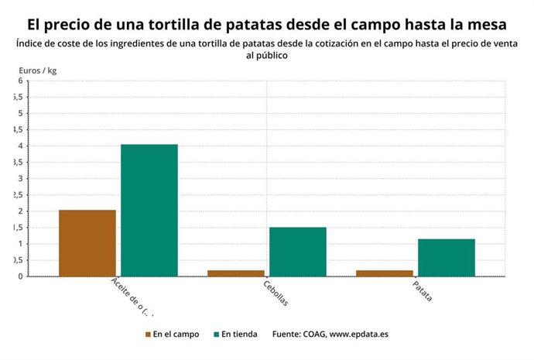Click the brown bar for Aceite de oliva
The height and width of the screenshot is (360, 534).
[x=87, y=243]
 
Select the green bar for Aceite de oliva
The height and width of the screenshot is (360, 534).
[x=149, y=210]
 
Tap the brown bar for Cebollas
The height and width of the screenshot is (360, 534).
[x=236, y=273]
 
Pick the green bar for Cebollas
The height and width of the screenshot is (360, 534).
[x=298, y=252]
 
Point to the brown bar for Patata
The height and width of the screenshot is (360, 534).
[x=385, y=273]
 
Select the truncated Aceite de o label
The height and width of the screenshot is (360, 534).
[x=132, y=296]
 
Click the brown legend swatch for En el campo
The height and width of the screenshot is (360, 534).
[x=148, y=334]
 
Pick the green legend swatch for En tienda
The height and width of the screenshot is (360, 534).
[x=217, y=334]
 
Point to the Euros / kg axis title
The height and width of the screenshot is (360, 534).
[x=38, y=70]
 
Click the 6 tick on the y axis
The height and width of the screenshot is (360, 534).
[x=20, y=81]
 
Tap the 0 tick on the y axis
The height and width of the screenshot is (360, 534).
[x=20, y=276]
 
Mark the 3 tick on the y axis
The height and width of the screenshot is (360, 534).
[x=20, y=179]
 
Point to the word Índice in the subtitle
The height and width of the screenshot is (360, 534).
[x=29, y=44]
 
